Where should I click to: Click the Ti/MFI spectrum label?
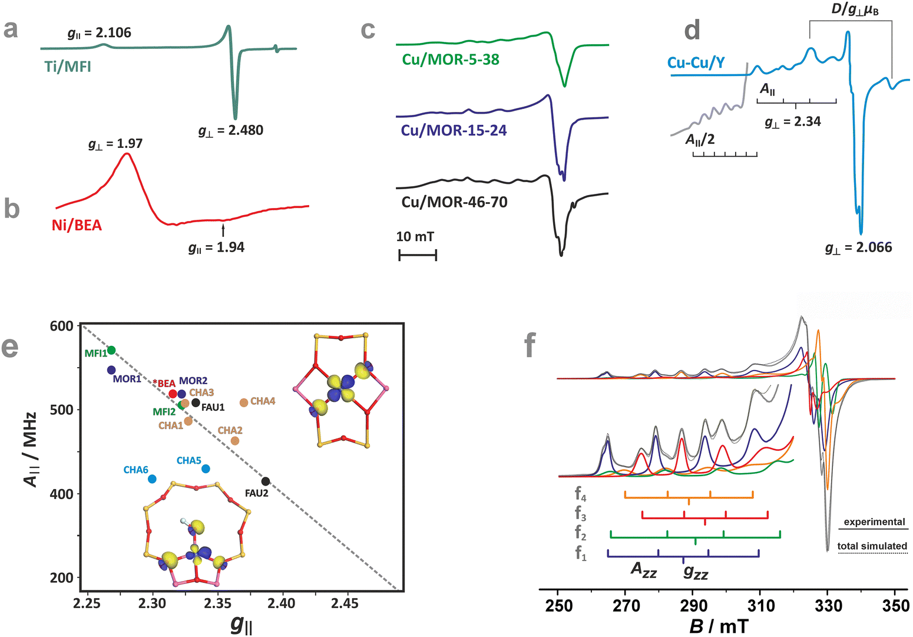(x=68, y=66)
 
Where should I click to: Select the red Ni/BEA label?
(x=77, y=225)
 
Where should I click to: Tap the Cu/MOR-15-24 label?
(x=454, y=130)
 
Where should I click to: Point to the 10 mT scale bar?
(x=418, y=255)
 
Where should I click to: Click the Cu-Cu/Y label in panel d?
(x=696, y=63)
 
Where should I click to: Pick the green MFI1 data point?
(x=111, y=351)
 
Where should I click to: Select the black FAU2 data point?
(x=266, y=481)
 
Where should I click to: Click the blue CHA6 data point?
(x=152, y=479)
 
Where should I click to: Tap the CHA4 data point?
(x=244, y=402)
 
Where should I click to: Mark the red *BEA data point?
(x=173, y=394)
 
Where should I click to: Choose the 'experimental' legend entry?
(x=874, y=522)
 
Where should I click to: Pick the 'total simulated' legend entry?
(x=872, y=546)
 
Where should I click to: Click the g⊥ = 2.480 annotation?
(x=230, y=130)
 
